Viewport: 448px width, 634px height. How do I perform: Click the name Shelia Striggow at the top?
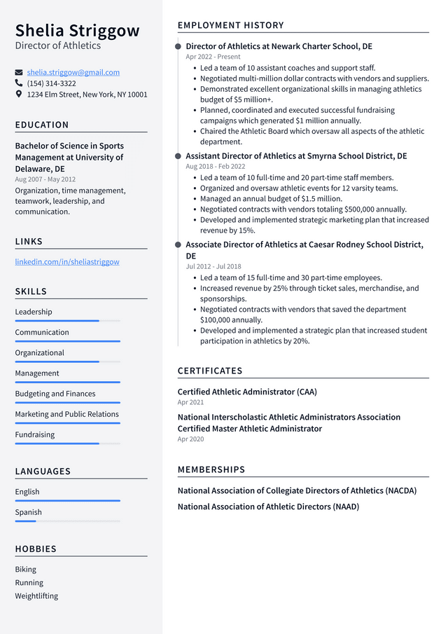pos(77,31)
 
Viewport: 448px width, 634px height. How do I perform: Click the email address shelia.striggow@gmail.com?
pos(73,72)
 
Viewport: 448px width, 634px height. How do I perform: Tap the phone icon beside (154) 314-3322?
pos(19,83)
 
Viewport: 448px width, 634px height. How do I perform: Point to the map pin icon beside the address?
pos(19,94)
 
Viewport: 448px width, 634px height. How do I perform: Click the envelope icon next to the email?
pos(19,72)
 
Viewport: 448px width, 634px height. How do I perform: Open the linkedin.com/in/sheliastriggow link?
pos(67,261)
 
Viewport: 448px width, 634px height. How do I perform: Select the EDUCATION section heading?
pos(42,125)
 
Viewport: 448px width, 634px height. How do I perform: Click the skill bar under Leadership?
pos(67,321)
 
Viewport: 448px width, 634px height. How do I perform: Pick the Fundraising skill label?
pos(35,434)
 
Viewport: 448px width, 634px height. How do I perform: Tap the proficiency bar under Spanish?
pos(67,521)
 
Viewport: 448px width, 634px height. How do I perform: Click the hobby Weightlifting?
pos(36,596)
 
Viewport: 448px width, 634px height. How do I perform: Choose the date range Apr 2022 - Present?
pos(213,57)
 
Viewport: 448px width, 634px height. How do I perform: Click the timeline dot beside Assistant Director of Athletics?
pos(178,156)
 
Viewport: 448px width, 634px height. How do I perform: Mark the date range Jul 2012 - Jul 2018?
pos(213,266)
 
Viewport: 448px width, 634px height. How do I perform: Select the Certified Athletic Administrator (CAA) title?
pos(247,392)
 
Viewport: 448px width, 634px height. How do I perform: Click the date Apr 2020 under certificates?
pos(190,439)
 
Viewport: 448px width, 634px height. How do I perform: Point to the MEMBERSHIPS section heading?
pos(211,469)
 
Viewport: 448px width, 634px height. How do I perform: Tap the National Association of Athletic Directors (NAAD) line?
pos(268,506)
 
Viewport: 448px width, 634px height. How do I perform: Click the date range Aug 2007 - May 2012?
pos(45,179)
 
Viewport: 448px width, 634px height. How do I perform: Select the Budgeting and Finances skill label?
pos(55,394)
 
